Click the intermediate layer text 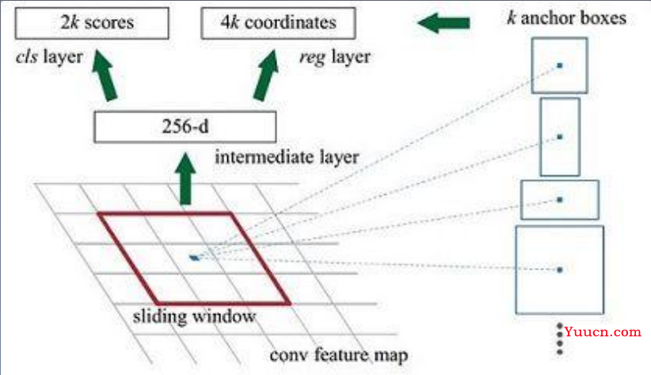coord(287,157)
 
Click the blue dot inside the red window coord(195,257)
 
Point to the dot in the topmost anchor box coord(559,65)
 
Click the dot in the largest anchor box coord(559,270)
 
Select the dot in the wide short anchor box coord(559,199)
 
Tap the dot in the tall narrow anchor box coord(559,136)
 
